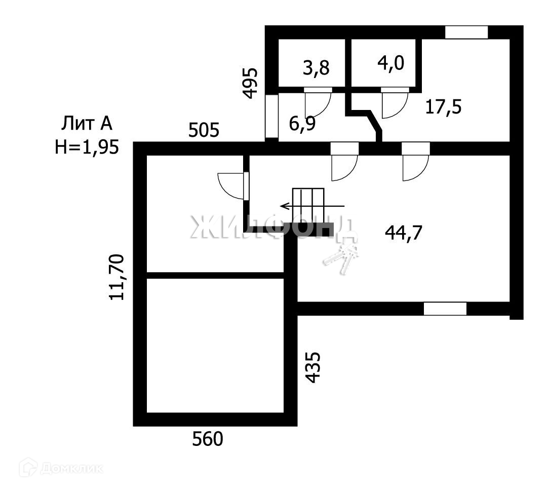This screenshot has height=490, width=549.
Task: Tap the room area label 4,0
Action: tap(391, 64)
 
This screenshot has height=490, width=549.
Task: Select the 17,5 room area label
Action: tap(443, 107)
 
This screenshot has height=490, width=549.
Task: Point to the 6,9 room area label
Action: tap(302, 124)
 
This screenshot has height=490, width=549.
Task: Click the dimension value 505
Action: tap(204, 130)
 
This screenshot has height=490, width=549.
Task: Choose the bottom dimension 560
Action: tap(208, 439)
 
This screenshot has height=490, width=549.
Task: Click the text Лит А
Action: tap(87, 123)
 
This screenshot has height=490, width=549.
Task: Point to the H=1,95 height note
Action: tap(87, 146)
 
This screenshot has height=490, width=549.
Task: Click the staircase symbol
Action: tap(308, 206)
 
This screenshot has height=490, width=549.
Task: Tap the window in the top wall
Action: tap(466, 32)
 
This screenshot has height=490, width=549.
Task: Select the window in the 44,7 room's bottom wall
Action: tap(445, 309)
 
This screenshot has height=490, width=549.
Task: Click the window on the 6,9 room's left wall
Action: tap(271, 116)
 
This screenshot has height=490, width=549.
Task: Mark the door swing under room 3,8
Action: tap(318, 102)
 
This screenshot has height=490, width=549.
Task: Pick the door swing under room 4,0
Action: tap(395, 103)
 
